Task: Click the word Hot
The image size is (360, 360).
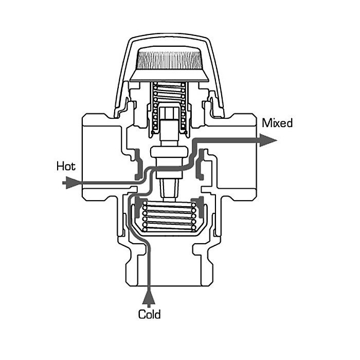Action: click(x=66, y=166)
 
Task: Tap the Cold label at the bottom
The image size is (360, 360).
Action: click(x=150, y=314)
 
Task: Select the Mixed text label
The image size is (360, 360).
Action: click(x=277, y=123)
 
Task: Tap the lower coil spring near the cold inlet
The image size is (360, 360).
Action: click(x=169, y=216)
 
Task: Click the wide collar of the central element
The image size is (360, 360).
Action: click(x=169, y=153)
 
